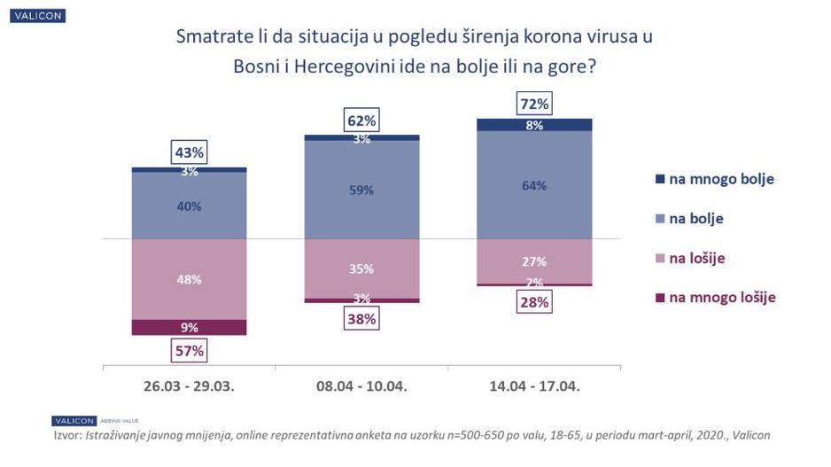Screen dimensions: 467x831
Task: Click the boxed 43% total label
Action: point(188,152)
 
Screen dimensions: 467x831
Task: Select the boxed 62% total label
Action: point(361,121)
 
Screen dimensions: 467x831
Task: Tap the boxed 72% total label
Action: point(534,105)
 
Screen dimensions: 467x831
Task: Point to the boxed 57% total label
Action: point(188,350)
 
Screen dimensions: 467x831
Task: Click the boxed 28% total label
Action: point(534,301)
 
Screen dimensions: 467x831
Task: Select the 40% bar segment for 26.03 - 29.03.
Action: point(189,206)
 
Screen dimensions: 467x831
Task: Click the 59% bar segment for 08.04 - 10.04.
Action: point(361,190)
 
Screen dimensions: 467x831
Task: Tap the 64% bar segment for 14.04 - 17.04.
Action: point(534,185)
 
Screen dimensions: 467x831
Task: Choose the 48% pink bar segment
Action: point(189,279)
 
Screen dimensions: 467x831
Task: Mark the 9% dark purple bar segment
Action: point(189,327)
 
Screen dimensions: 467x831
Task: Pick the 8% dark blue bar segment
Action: point(534,125)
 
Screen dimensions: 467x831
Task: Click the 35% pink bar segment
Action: point(361,269)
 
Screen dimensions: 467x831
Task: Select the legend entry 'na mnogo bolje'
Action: point(715,178)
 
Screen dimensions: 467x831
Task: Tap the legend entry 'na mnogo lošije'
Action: point(715,297)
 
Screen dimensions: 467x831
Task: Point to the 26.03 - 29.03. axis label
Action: point(189,386)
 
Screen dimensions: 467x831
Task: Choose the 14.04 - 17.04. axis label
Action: point(534,386)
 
